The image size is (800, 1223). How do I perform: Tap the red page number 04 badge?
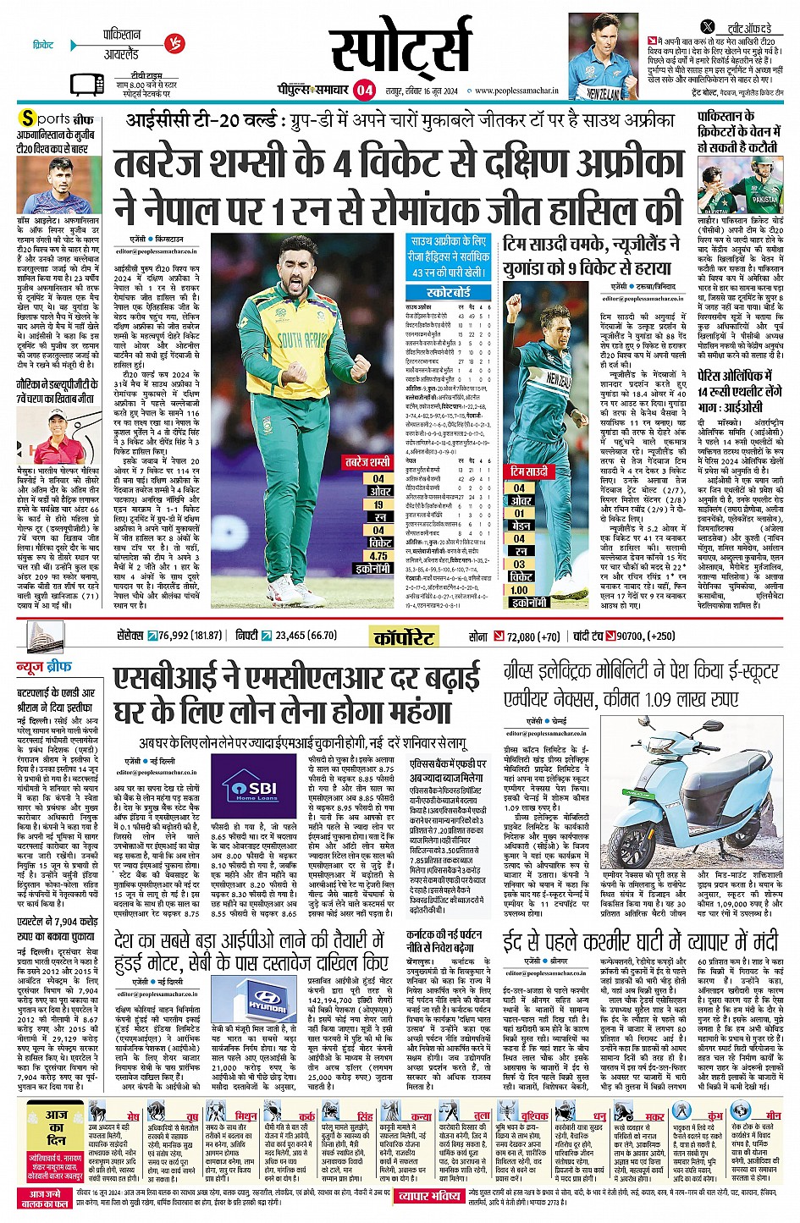point(364,90)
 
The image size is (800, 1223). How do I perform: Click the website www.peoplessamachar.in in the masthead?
point(516,91)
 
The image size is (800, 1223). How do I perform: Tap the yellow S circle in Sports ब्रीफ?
point(29,118)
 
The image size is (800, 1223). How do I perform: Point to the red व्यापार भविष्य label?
point(430,1195)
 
